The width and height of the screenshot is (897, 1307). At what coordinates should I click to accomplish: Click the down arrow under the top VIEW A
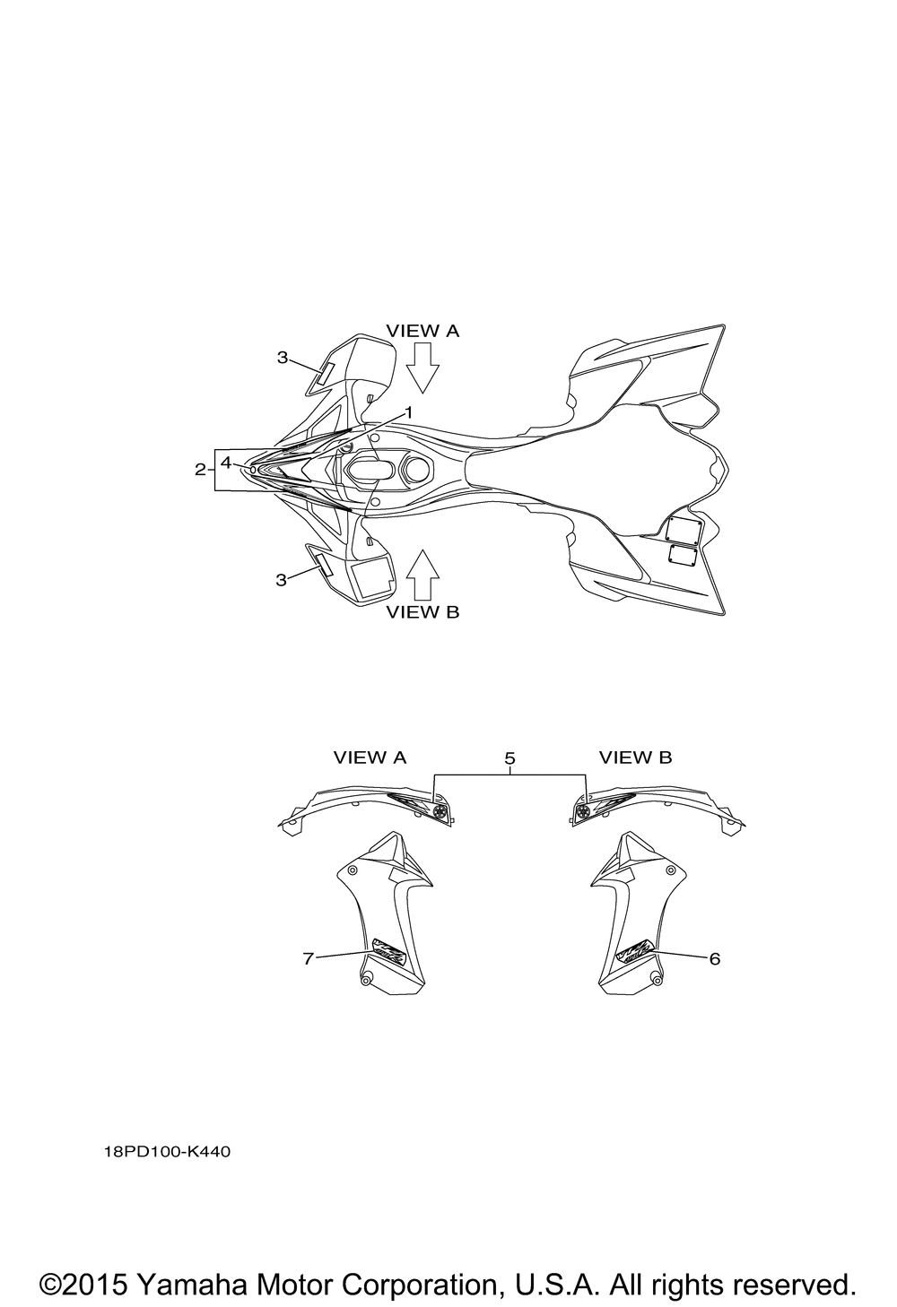pyautogui.click(x=422, y=367)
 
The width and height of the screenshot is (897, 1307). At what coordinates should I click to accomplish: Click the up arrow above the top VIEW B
pyautogui.click(x=422, y=575)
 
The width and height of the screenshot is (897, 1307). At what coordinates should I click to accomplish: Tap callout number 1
pyautogui.click(x=409, y=412)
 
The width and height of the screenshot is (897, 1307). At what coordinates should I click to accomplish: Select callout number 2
pyautogui.click(x=200, y=469)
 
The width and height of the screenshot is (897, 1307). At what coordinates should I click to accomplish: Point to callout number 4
pyautogui.click(x=226, y=463)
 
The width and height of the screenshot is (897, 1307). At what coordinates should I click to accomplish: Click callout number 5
pyautogui.click(x=509, y=758)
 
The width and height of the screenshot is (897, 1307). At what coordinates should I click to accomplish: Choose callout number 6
pyautogui.click(x=714, y=958)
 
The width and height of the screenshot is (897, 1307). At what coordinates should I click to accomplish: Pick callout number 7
pyautogui.click(x=309, y=958)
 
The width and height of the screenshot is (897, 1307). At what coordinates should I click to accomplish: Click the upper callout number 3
pyautogui.click(x=282, y=357)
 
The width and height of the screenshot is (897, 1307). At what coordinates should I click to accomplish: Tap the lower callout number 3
pyautogui.click(x=281, y=580)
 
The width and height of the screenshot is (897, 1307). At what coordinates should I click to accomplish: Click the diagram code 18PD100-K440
pyautogui.click(x=167, y=1152)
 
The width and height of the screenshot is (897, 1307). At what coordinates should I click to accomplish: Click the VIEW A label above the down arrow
pyautogui.click(x=422, y=331)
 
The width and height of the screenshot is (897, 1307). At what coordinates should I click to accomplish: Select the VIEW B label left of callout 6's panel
pyautogui.click(x=635, y=757)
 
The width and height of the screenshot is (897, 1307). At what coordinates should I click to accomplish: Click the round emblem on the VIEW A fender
pyautogui.click(x=440, y=811)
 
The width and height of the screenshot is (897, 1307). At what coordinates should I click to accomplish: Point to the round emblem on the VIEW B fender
pyautogui.click(x=582, y=811)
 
